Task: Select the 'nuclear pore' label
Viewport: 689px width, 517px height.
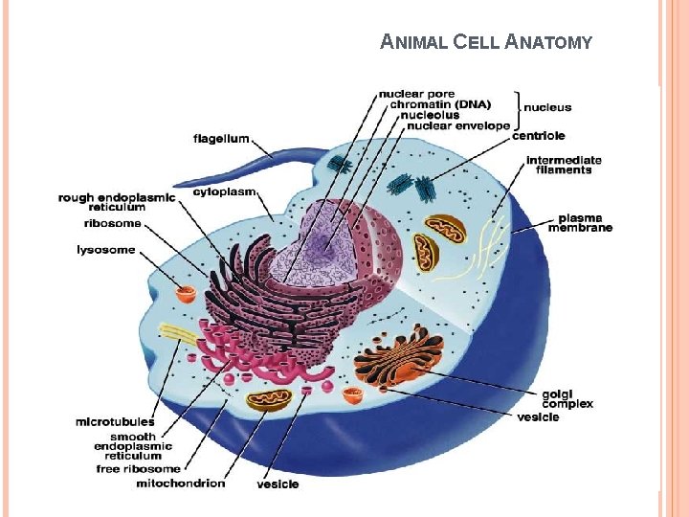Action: [x=417, y=94]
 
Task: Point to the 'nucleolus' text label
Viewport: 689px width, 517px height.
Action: [x=430, y=115]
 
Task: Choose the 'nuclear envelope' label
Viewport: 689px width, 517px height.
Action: [x=458, y=125]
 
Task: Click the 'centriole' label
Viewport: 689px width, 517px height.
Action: [x=538, y=136]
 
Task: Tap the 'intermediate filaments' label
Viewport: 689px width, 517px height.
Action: [x=564, y=165]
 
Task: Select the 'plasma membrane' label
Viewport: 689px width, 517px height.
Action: [x=580, y=222]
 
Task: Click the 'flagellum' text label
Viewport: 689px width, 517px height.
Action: [x=221, y=138]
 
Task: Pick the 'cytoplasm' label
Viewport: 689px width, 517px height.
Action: [x=225, y=191]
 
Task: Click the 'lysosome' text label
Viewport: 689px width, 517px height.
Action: [x=106, y=251]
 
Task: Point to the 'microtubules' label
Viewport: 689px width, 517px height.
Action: [x=115, y=421]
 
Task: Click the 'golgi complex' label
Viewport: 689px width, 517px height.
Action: [x=567, y=398]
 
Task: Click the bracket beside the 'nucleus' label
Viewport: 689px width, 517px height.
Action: [x=517, y=108]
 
